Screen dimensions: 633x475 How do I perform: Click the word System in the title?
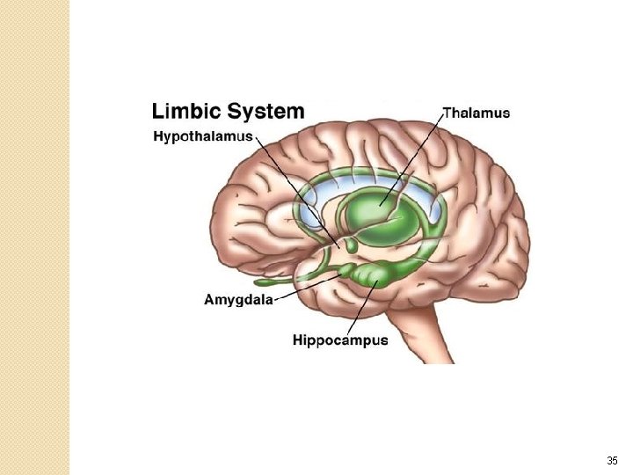coord(264,113)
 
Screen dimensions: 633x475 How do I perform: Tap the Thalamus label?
coord(476,113)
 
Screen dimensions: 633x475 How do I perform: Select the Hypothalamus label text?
coord(203,136)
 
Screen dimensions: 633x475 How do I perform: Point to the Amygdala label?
coord(238,300)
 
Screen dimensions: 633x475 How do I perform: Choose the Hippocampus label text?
coord(340,341)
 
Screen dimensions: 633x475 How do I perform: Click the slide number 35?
coord(613,460)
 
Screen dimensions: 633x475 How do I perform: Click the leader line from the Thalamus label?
coord(413,158)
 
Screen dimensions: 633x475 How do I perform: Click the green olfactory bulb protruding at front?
coord(267,283)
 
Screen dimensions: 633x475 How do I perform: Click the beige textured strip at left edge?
coord(34,237)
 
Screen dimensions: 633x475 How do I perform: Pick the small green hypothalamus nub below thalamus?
coord(351,244)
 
